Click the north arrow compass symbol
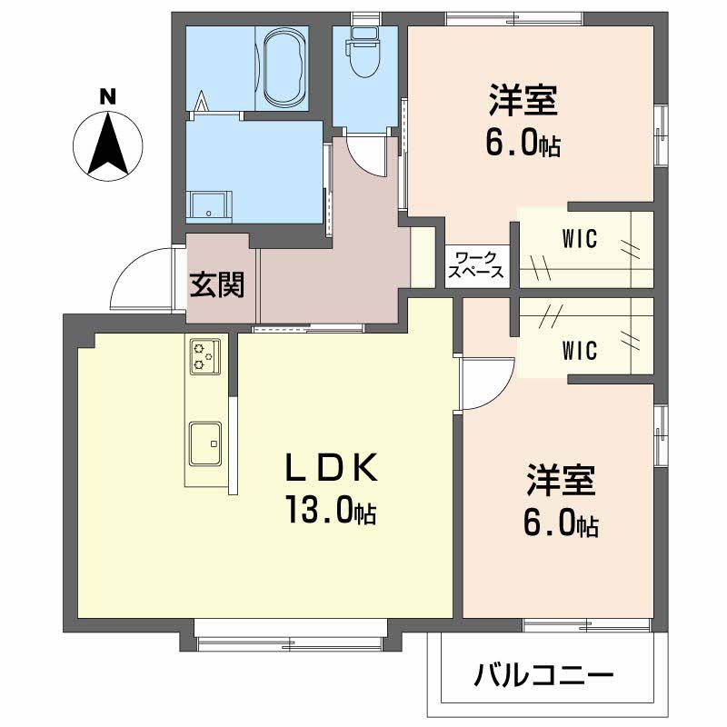click(x=108, y=144)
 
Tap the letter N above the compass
click(x=107, y=95)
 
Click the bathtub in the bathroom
click(x=284, y=68)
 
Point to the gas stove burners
click(x=204, y=354)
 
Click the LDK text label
click(x=331, y=469)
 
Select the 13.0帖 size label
click(x=331, y=513)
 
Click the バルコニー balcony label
click(x=543, y=676)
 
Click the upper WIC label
click(x=579, y=240)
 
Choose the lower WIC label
click(x=579, y=349)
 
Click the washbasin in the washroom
click(x=210, y=205)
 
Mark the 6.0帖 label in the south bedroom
click(x=560, y=524)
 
